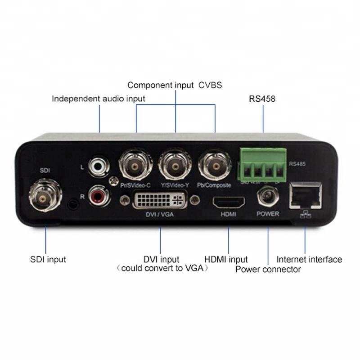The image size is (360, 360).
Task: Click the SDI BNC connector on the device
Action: click(x=43, y=197)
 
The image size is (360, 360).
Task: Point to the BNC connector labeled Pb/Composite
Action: click(x=215, y=166)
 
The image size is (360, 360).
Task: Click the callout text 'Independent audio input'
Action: click(x=99, y=99)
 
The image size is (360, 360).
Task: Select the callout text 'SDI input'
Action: click(x=48, y=259)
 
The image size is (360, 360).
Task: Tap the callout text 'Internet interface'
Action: click(x=309, y=259)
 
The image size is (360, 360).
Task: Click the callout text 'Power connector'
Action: click(x=268, y=269)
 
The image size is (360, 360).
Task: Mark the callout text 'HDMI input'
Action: click(x=226, y=260)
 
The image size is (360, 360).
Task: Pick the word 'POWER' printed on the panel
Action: click(x=268, y=214)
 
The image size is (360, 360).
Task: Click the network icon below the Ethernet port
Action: click(x=305, y=215)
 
